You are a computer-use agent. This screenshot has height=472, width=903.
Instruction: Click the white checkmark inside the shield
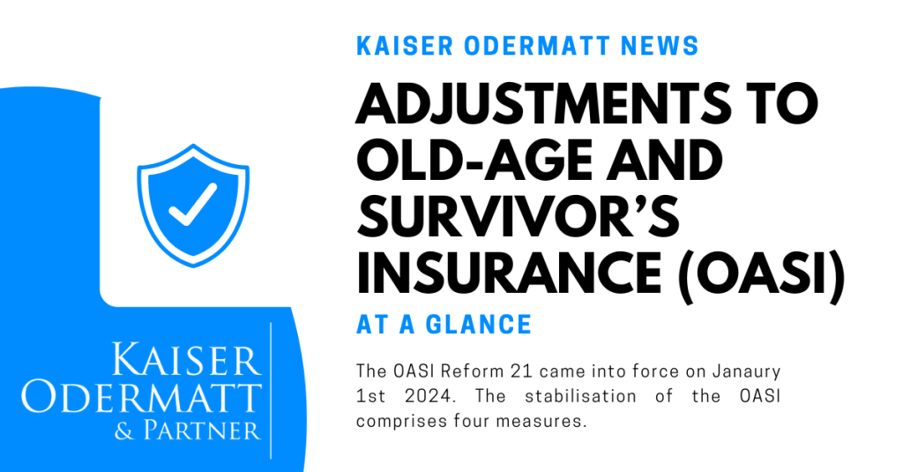click(x=192, y=205)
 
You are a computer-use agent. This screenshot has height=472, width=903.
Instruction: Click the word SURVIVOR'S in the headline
click(x=519, y=215)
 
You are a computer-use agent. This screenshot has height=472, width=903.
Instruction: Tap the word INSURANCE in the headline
click(x=509, y=270)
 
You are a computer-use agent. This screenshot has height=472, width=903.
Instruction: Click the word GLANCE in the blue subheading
click(x=478, y=325)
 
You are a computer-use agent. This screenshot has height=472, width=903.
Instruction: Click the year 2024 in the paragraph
click(x=426, y=396)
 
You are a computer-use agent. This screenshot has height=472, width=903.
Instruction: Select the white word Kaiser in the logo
click(x=186, y=360)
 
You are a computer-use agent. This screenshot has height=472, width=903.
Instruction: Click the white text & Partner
click(x=188, y=431)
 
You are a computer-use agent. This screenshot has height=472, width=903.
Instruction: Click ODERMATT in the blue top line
click(x=537, y=46)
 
